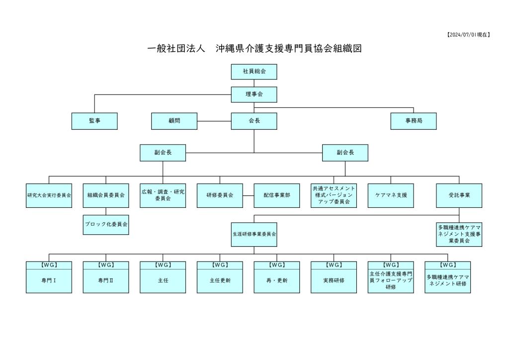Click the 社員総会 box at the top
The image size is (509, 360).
click(254, 72)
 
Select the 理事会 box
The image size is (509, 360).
click(254, 94)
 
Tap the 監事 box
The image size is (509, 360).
click(94, 121)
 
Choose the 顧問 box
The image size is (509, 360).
click(174, 121)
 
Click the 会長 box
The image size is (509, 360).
click(254, 121)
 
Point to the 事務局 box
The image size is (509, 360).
click(414, 121)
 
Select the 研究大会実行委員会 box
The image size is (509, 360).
click(49, 195)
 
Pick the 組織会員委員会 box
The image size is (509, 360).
click(105, 195)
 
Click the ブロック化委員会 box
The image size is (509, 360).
click(105, 224)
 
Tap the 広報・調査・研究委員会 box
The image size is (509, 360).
click(163, 195)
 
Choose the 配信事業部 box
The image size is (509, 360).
click(277, 195)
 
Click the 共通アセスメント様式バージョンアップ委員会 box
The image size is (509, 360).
click(334, 195)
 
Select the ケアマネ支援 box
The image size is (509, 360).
click(391, 195)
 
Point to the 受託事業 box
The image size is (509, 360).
click(459, 195)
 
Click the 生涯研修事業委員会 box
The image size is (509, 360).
click(254, 233)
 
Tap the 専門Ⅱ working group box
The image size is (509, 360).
click(105, 280)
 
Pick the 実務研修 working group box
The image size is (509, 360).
click(334, 280)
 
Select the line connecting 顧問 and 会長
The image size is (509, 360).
click(214, 121)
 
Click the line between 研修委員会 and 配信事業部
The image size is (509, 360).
click(248, 195)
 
